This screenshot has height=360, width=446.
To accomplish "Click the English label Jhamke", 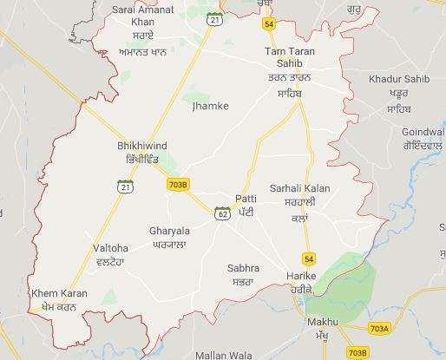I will (206, 106).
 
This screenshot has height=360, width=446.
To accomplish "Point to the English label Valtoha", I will (110, 248).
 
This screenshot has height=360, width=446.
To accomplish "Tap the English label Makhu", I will (322, 322).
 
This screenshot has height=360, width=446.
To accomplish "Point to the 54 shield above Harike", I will (309, 259).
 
